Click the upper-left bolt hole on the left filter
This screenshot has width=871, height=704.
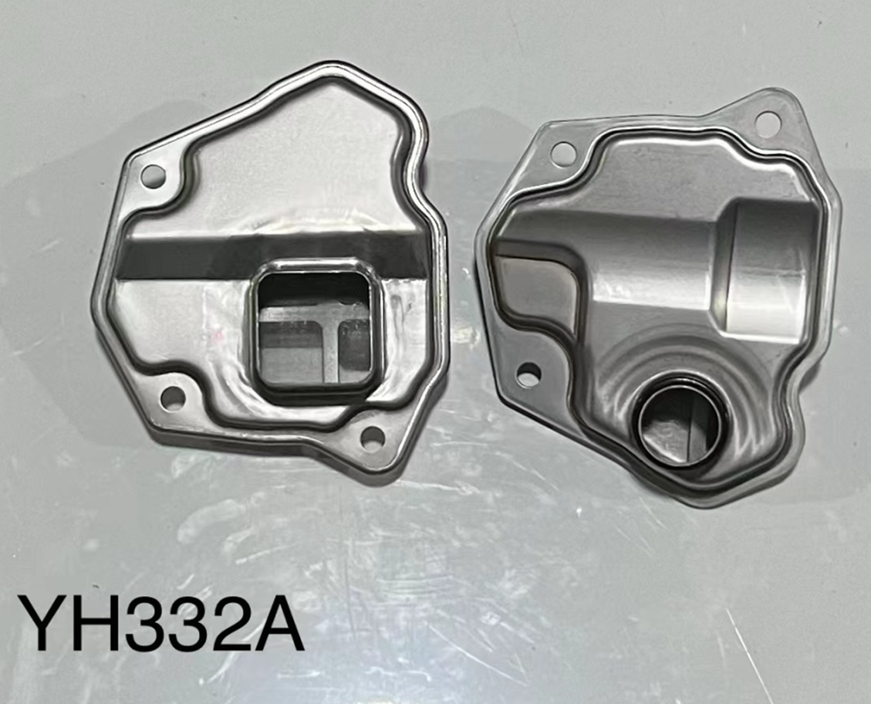153,175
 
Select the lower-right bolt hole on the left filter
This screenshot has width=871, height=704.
373,437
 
